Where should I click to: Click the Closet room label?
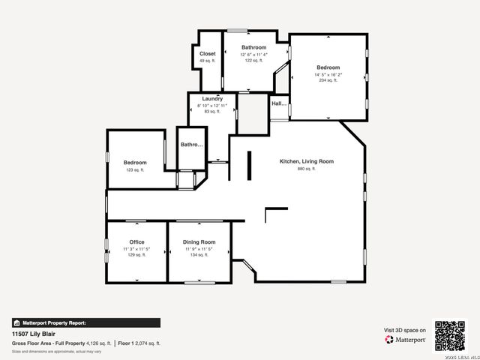[x=208, y=54]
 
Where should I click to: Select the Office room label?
[x=136, y=242]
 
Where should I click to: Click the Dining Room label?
[x=199, y=242]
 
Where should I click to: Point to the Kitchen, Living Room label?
[x=306, y=161]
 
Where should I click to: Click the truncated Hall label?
[x=279, y=103]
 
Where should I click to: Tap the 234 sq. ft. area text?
[x=328, y=80]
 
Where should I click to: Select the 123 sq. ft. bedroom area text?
[x=135, y=170]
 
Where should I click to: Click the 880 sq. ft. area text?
[x=307, y=169]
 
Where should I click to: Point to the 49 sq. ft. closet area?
[x=208, y=61]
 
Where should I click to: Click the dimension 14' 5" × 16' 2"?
[x=328, y=74]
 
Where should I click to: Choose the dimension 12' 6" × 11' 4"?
[x=253, y=54]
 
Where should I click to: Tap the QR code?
[x=450, y=335]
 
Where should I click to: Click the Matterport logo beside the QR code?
[x=405, y=340]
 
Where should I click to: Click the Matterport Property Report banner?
[x=85, y=322]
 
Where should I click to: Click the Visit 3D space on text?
[x=405, y=330]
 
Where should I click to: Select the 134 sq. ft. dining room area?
[x=199, y=254]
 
